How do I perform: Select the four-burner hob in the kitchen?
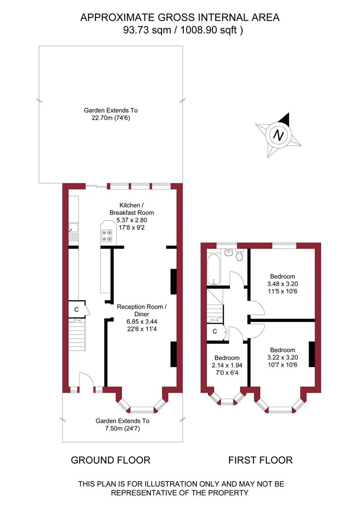point(107,235)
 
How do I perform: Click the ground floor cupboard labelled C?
point(77,309)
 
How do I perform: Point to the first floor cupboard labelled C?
point(214,331)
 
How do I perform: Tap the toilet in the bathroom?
point(239,256)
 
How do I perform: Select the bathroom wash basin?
point(229,253)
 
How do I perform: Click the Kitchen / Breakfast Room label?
point(131,209)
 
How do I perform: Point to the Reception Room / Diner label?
point(141,311)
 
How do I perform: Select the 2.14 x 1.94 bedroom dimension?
point(227,365)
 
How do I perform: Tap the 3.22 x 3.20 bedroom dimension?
point(282,357)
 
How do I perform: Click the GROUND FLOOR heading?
point(110,460)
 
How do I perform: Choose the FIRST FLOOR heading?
point(261,460)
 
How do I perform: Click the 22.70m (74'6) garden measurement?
point(111,118)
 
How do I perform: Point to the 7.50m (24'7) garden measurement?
point(123,428)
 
